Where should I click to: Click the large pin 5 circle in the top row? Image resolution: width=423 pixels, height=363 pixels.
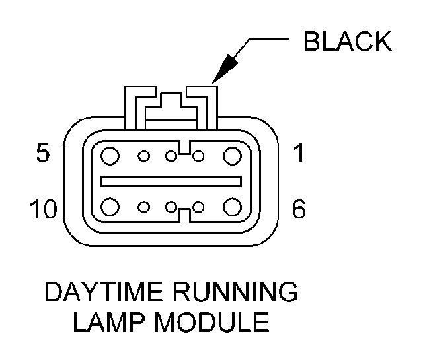click(x=110, y=156)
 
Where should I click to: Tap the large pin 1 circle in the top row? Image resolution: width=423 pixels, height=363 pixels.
click(x=231, y=156)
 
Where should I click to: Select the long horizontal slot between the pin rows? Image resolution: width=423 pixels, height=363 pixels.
click(x=170, y=181)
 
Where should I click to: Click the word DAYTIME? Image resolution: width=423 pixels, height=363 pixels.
click(x=101, y=293)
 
